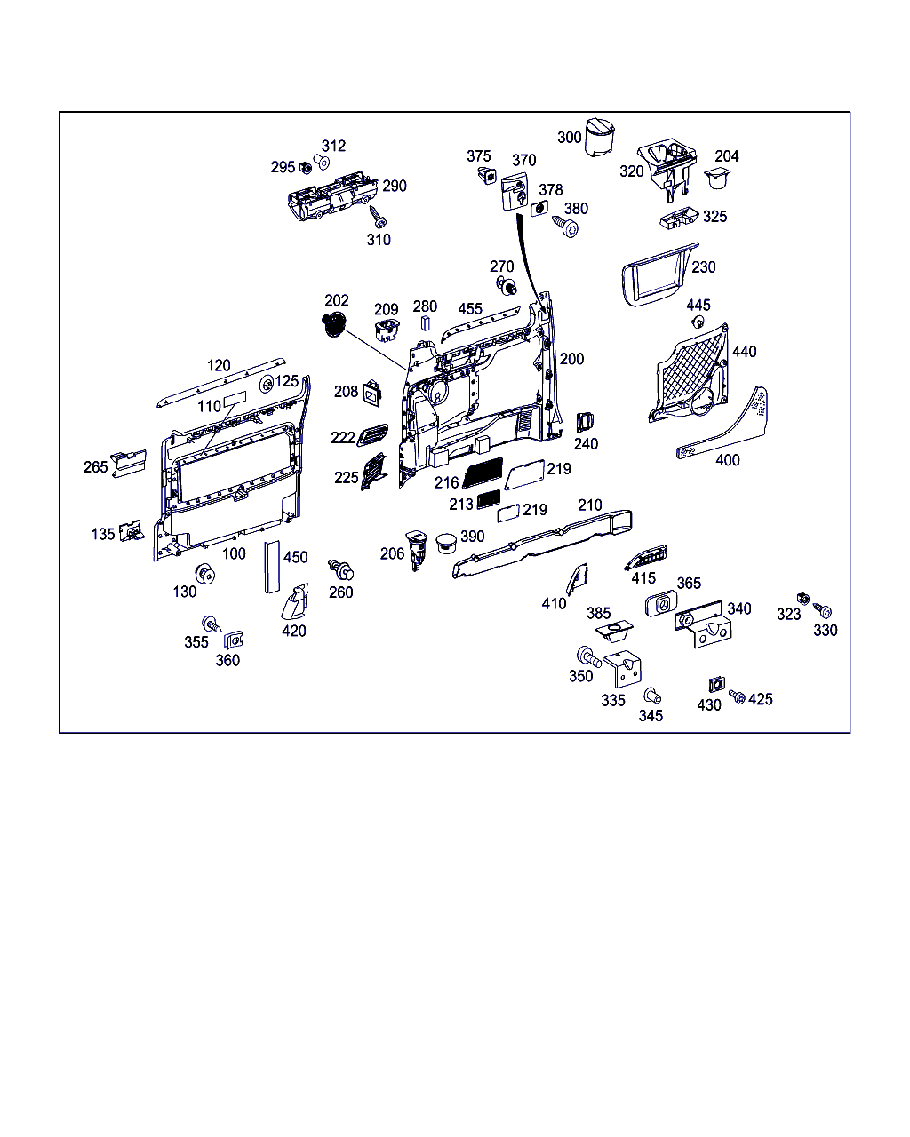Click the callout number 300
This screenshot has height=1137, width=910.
[569, 138]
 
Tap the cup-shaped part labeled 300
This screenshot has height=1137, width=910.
[600, 137]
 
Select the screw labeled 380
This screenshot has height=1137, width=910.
[565, 227]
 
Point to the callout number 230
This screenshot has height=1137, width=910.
[703, 266]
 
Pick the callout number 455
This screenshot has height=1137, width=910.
[470, 308]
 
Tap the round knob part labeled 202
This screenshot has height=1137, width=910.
[333, 324]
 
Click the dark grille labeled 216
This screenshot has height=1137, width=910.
[483, 472]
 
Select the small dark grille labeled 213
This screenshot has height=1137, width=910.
[489, 499]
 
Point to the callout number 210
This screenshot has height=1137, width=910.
[589, 505]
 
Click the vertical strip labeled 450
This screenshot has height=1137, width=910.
[272, 567]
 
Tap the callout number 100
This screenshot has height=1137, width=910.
[234, 553]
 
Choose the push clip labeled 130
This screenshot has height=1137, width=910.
[205, 574]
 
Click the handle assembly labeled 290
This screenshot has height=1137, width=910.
[332, 195]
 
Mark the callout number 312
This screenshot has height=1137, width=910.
[333, 146]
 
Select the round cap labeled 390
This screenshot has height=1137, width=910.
[447, 543]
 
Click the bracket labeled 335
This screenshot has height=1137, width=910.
[623, 668]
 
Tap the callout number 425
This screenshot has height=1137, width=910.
[761, 699]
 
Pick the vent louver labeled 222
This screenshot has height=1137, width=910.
[372, 435]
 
